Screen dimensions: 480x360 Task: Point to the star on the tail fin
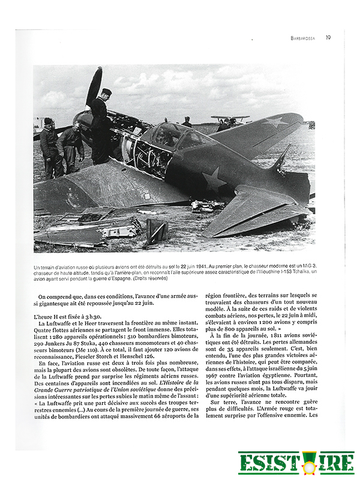[277, 122]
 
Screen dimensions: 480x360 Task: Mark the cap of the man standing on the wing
[106, 91]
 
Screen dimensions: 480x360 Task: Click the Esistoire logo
[296, 463]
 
